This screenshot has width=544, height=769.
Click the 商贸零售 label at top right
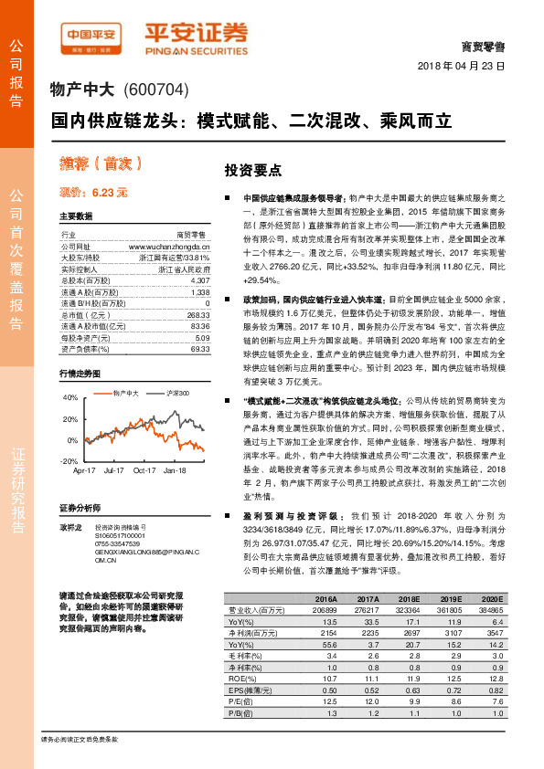(486, 45)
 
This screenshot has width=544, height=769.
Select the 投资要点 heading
(252, 171)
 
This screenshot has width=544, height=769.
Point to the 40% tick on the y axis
(70, 398)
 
